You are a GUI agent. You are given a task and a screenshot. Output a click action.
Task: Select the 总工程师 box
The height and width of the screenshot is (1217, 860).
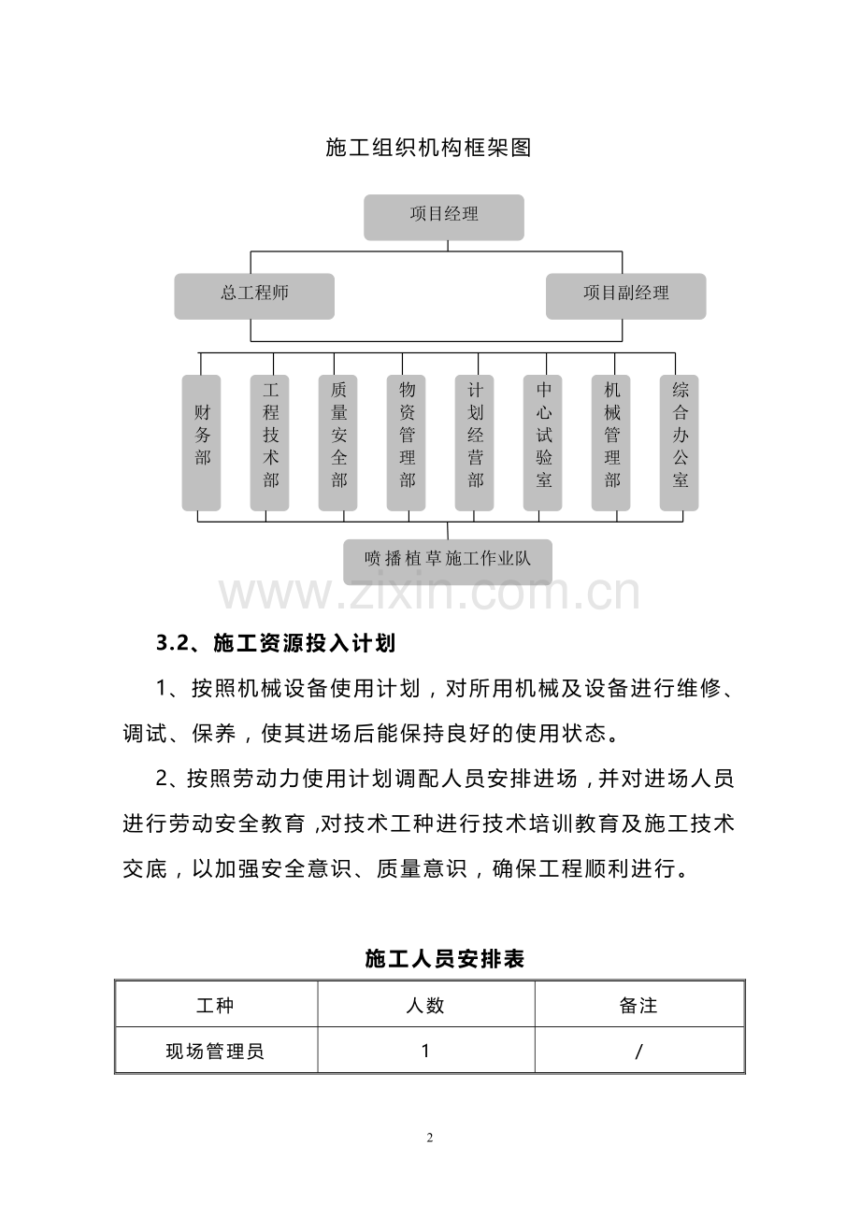pyautogui.click(x=254, y=295)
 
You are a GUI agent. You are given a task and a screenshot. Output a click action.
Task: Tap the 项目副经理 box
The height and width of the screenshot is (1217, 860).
pyautogui.click(x=625, y=295)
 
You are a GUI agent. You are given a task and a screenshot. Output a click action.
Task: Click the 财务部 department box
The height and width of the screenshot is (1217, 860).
pyautogui.click(x=202, y=442)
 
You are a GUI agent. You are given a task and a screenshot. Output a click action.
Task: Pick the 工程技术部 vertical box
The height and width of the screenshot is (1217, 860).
pyautogui.click(x=270, y=442)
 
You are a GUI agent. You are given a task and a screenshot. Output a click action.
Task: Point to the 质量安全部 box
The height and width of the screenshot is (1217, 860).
pyautogui.click(x=338, y=442)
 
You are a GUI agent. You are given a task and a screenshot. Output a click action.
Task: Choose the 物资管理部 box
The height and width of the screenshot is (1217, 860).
pyautogui.click(x=407, y=442)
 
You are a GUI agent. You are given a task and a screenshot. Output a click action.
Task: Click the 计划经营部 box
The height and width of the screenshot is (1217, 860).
pyautogui.click(x=475, y=442)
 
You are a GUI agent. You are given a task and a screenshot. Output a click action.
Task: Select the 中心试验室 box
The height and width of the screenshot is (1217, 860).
pyautogui.click(x=543, y=442)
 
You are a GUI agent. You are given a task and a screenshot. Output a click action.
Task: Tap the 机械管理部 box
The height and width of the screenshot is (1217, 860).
pyautogui.click(x=611, y=442)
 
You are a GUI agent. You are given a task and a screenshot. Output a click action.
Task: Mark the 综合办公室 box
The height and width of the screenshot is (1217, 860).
pyautogui.click(x=680, y=442)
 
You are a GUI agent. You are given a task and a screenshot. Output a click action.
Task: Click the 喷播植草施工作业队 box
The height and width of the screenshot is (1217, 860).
pyautogui.click(x=448, y=561)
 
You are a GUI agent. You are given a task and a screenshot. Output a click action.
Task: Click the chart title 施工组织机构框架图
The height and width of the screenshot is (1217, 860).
pyautogui.click(x=428, y=148)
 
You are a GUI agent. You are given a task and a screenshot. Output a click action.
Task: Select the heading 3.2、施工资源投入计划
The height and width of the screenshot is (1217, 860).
pyautogui.click(x=276, y=643)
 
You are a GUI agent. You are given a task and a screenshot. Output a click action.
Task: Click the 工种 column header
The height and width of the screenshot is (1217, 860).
pyautogui.click(x=215, y=1006)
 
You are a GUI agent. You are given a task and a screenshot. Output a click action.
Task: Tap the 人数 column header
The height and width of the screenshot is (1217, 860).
pyautogui.click(x=425, y=1006)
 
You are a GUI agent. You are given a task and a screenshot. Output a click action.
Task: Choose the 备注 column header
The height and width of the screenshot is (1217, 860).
pyautogui.click(x=638, y=1006)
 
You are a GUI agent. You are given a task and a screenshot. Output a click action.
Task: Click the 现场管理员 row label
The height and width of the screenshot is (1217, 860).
pyautogui.click(x=215, y=1051)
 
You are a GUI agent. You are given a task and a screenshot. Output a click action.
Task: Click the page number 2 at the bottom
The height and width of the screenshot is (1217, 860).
pyautogui.click(x=429, y=1138)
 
